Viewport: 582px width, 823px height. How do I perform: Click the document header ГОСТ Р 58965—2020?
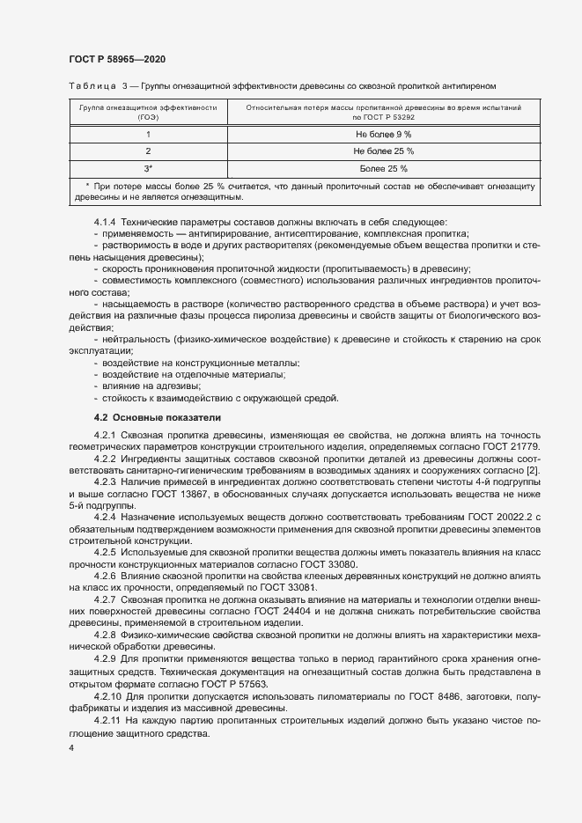pyautogui.click(x=117, y=59)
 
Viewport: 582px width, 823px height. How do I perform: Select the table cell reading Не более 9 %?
pyautogui.click(x=383, y=134)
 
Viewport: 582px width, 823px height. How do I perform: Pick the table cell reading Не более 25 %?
pyautogui.click(x=383, y=151)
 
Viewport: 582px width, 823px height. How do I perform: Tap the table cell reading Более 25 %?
pyautogui.click(x=383, y=168)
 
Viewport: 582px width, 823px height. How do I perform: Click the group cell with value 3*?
pyautogui.click(x=148, y=168)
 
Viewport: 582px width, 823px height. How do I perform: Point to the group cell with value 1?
pyautogui.click(x=148, y=134)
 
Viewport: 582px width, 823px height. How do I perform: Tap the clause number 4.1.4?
pyautogui.click(x=106, y=221)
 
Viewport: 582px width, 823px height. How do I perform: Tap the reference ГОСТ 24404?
pyautogui.click(x=352, y=611)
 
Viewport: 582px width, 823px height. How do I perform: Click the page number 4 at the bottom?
pyautogui.click(x=71, y=747)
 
